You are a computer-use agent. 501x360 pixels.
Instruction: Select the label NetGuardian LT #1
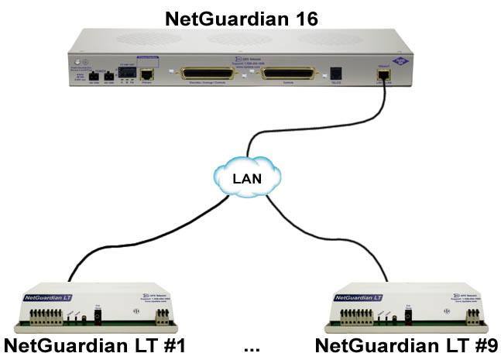(x=94, y=346)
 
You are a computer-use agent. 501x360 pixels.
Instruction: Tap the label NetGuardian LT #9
(x=406, y=346)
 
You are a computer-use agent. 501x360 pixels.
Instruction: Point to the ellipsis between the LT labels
(x=251, y=348)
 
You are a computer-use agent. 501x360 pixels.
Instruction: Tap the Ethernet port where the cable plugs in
(x=383, y=74)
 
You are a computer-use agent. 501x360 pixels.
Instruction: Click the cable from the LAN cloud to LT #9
(x=341, y=232)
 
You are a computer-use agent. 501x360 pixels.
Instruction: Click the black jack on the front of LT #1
(x=98, y=317)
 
